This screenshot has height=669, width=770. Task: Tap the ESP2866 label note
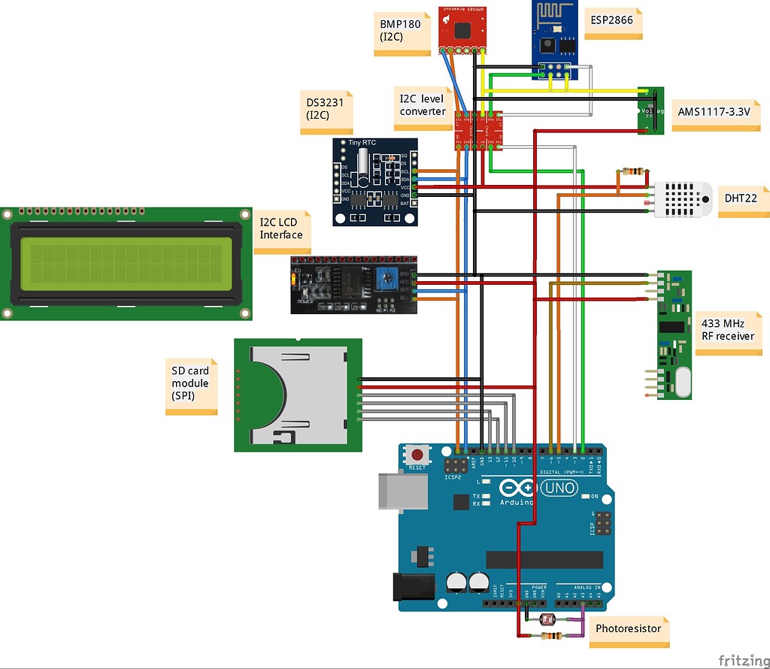(x=616, y=22)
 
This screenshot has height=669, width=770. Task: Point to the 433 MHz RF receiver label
(x=727, y=329)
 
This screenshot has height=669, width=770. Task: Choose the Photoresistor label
(x=629, y=628)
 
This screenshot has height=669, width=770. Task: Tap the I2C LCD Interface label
(x=282, y=229)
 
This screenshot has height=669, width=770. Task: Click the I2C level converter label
(x=422, y=105)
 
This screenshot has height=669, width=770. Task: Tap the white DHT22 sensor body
(x=683, y=199)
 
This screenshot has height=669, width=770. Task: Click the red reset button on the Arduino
(x=417, y=454)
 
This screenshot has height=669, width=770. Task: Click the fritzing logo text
(x=744, y=659)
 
